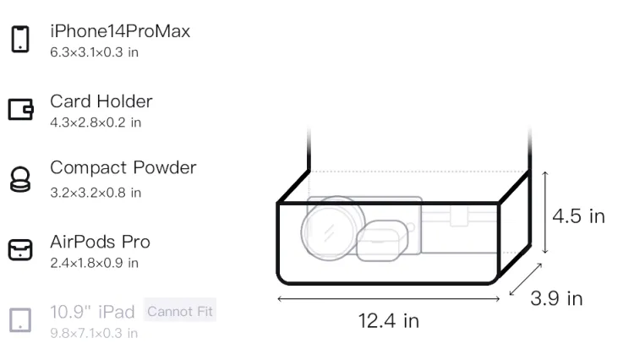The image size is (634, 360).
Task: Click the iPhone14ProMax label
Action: coord(120,31)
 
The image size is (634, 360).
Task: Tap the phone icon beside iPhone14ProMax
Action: coord(20,39)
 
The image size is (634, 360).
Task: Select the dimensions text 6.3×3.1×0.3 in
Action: coord(94,52)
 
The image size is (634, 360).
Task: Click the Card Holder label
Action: coord(101,101)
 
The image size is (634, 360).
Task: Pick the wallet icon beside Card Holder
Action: coord(20,109)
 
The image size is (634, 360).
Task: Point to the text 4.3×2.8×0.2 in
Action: coord(96,123)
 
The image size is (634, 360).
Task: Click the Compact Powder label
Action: coord(123,167)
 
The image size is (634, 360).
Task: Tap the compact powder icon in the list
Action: coord(20,179)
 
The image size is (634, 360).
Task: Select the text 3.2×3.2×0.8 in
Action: coord(96,193)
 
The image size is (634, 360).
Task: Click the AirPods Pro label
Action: coord(101,242)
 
